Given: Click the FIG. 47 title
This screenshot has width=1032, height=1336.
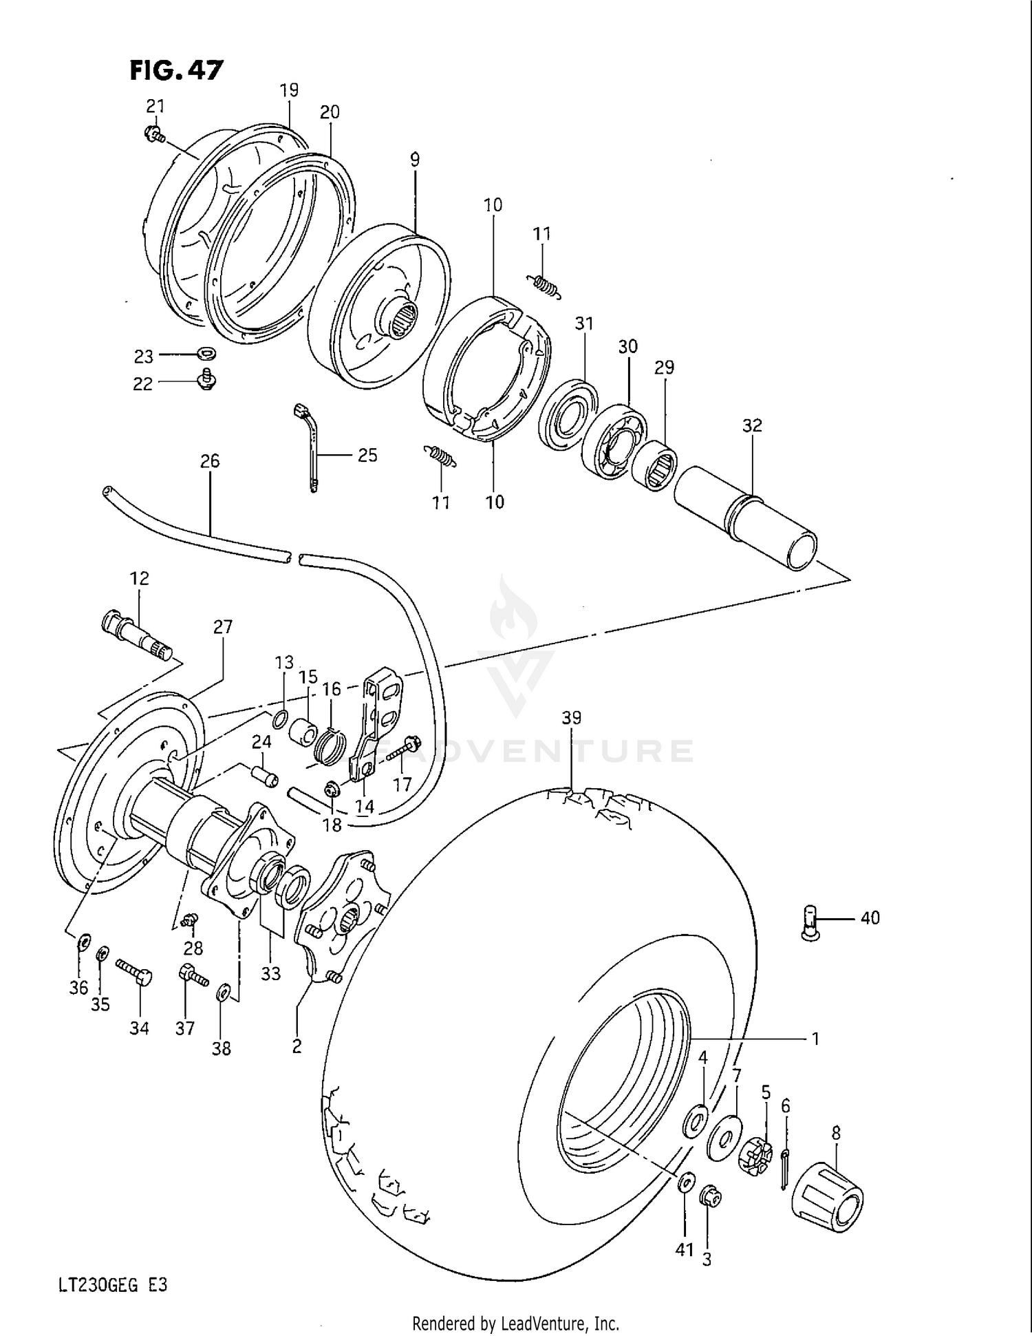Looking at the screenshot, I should point(177,70).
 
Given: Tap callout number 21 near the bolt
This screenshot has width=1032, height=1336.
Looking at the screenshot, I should point(155,106).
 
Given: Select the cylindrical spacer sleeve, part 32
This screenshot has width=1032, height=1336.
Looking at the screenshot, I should point(745,516).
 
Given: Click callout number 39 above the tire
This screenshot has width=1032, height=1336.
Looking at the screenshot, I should point(571,717).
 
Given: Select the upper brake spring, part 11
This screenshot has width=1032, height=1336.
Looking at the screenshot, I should point(544,284).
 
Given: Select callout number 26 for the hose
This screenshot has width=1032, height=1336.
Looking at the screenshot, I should point(210,460).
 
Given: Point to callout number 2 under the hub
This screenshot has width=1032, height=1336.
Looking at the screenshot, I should point(297,1046).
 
